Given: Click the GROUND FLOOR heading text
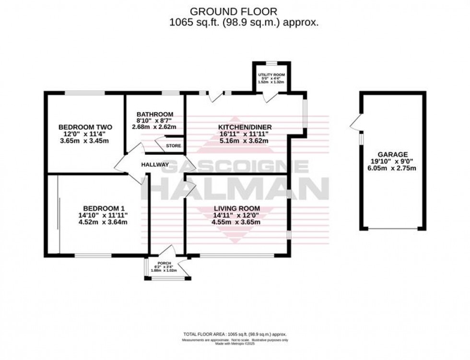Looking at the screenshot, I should pyautogui.click(x=234, y=11).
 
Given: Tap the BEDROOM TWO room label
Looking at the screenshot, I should pyautogui.click(x=85, y=127).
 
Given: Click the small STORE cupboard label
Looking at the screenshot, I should pyautogui.click(x=173, y=146).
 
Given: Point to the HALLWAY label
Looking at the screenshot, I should pyautogui.click(x=155, y=165).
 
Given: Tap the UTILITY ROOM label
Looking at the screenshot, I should pyautogui.click(x=271, y=75).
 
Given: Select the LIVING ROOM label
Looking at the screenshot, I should pyautogui.click(x=237, y=208).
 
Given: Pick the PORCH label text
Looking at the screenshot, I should pyautogui.click(x=164, y=264).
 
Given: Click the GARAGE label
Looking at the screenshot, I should pyautogui.click(x=392, y=154).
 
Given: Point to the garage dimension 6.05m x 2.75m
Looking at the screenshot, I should pyautogui.click(x=392, y=168).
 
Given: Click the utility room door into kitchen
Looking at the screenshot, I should pyautogui.click(x=271, y=98).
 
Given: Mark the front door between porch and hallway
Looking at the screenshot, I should pyautogui.click(x=167, y=252).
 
